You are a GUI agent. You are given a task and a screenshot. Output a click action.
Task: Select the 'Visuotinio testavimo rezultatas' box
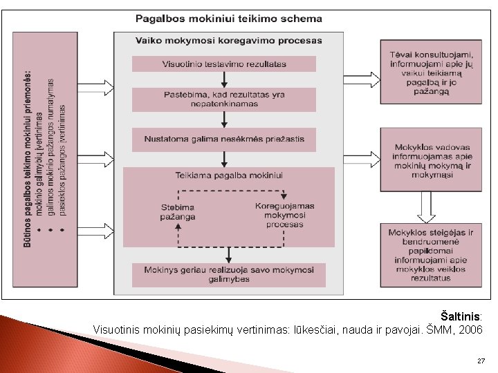pos(224,64)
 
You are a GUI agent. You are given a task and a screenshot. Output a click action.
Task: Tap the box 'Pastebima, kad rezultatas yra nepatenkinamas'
pos(224,99)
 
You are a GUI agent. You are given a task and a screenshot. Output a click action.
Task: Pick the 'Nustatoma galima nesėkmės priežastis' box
pos(224,139)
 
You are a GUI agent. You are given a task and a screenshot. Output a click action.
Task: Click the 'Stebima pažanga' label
pos(178,211)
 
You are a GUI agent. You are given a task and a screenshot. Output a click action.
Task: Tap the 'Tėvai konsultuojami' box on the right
pos(432,72)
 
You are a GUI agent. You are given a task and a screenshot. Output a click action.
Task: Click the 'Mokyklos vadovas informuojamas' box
pos(432,161)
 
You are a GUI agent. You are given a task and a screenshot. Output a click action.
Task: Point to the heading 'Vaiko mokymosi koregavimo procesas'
pos(229,40)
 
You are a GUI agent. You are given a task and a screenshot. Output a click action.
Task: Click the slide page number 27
pos(481,361)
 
